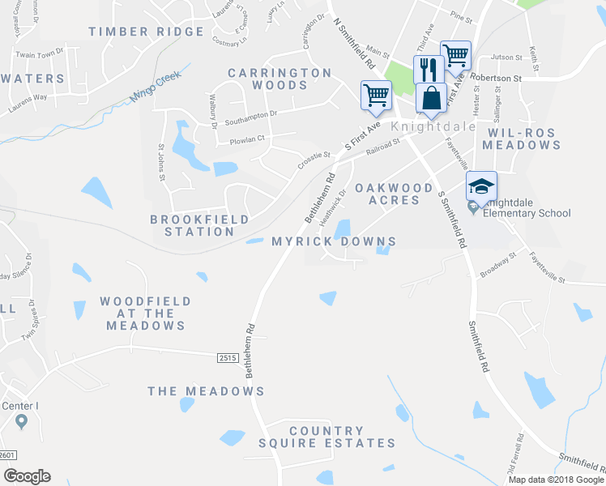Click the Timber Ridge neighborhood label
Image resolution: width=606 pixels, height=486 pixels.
(147, 32)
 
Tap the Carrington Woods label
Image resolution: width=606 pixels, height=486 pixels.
(280, 79)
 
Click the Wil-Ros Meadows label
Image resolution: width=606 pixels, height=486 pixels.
(521, 138)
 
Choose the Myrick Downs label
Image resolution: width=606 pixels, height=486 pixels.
(334, 241)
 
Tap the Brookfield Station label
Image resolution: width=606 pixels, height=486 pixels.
(192, 225)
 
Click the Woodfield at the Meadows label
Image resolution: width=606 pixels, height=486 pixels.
(146, 313)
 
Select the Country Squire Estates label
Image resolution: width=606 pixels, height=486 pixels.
(326, 437)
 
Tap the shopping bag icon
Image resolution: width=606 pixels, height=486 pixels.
(431, 97)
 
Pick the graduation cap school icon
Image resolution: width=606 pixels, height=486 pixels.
(480, 185)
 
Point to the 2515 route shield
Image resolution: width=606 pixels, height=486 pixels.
(229, 356)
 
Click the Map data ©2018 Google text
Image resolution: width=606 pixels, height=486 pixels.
(555, 480)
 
